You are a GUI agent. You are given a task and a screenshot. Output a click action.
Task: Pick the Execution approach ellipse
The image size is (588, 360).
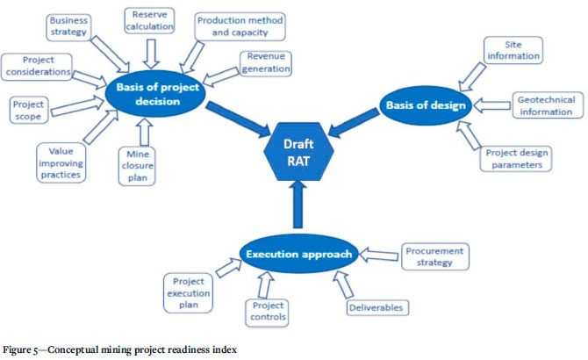(298, 254)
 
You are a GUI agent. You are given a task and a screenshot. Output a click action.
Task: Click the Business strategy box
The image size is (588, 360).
(68, 26)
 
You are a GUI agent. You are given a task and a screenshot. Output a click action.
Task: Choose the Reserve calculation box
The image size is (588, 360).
(152, 22)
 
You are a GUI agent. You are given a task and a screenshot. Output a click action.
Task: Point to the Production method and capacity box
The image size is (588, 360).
(232, 26)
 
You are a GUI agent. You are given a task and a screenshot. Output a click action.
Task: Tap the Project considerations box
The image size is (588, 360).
(36, 65)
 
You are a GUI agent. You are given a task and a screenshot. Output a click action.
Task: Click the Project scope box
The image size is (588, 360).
(28, 111)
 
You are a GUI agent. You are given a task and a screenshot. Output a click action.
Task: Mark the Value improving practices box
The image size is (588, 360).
(61, 162)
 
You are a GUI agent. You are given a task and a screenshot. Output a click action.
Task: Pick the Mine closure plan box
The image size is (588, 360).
(138, 166)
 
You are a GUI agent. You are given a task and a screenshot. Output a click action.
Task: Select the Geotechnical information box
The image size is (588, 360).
(545, 106)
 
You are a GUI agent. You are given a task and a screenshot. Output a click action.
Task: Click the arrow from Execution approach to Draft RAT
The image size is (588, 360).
(296, 206)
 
